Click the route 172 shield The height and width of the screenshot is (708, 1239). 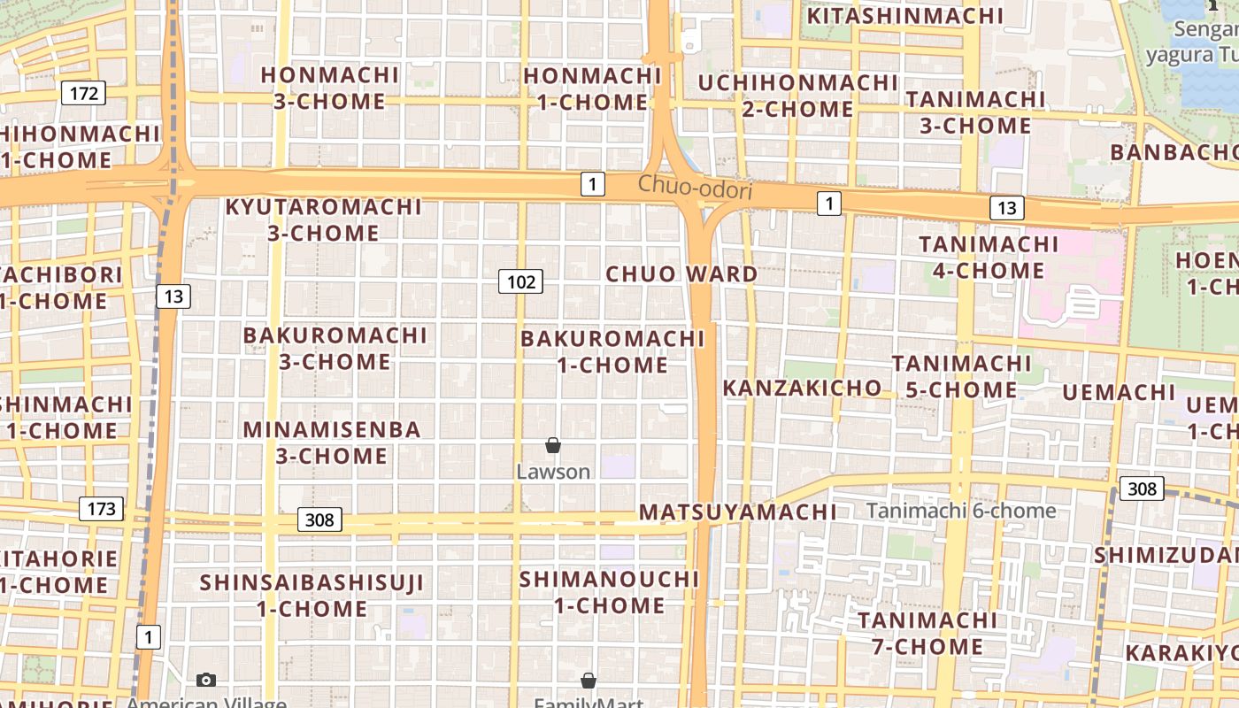(x=84, y=93)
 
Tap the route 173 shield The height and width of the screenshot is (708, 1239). (x=101, y=509)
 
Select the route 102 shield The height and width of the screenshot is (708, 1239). (x=520, y=282)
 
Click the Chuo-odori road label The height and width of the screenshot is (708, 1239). (x=695, y=188)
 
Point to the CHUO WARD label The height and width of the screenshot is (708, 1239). (x=681, y=274)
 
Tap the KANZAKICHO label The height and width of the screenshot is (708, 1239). (x=802, y=388)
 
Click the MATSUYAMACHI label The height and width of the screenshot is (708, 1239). (x=737, y=512)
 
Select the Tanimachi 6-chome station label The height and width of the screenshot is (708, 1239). (x=960, y=511)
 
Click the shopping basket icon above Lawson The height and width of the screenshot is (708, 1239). (x=553, y=445)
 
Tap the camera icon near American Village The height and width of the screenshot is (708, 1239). (x=206, y=680)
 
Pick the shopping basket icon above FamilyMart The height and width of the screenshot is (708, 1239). (x=589, y=681)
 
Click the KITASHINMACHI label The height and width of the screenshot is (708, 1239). (x=904, y=16)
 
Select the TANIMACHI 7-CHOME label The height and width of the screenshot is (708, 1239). (x=927, y=633)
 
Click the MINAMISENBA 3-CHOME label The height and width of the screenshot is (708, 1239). (x=332, y=442)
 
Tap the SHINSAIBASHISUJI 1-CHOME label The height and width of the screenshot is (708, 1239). (x=312, y=596)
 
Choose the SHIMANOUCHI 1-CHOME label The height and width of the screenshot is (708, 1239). (x=610, y=593)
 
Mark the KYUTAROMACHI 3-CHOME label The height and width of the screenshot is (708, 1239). (x=323, y=219)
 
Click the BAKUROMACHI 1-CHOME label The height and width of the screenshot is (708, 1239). (x=612, y=351)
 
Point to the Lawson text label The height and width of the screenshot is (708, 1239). (x=553, y=472)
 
